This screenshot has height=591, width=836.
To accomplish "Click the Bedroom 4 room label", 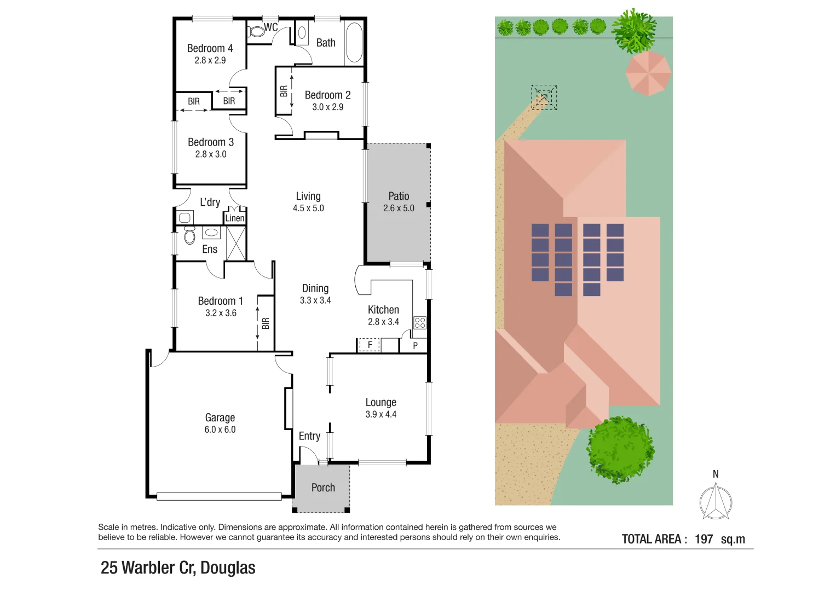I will tap(210, 48).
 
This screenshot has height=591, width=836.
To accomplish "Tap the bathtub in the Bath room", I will tap(354, 43).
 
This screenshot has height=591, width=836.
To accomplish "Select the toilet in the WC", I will tap(256, 32).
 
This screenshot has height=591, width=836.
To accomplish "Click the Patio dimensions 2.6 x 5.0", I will tap(399, 208).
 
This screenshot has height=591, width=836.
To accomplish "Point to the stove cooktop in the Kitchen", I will tap(420, 322).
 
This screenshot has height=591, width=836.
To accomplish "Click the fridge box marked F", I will tap(370, 345).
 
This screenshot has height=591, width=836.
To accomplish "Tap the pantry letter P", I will tap(415, 345).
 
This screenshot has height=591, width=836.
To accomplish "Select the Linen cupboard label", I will tap(235, 218).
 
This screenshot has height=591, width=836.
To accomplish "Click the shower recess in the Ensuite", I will tap(236, 242).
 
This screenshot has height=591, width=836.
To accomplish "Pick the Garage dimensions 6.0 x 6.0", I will tap(220, 430).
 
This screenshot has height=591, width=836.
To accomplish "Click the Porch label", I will tap(323, 488).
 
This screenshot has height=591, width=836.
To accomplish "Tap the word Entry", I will tap(309, 436).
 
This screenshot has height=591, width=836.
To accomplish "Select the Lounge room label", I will tap(380, 402).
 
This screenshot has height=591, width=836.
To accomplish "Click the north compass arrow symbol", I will tap(716, 501).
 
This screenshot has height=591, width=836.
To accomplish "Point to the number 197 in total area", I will tap(704, 539).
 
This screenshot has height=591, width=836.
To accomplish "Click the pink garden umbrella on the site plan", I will tap(648, 72).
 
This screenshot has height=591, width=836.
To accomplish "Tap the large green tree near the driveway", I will tap(620, 450).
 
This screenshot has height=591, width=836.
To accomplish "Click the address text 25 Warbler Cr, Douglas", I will tap(178, 568).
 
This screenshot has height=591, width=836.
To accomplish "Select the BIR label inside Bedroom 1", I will tap(266, 323).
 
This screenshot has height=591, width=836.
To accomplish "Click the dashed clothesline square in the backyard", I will tap(544, 97).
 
